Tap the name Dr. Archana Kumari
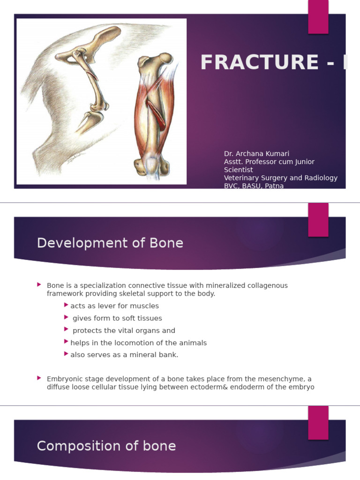[256, 154]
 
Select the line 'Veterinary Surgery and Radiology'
[280, 178]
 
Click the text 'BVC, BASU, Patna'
[254, 186]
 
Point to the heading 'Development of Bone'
[110, 243]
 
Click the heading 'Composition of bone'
[106, 446]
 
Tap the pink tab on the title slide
[318, 16]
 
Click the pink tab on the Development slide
[318, 220]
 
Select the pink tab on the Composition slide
[318, 423]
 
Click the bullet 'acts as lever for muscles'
[114, 306]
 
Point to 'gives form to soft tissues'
[117, 318]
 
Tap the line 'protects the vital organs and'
[124, 330]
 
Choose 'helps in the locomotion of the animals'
[138, 343]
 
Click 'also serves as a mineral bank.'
[124, 355]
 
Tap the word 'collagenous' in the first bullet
[268, 285]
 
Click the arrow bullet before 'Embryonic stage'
[39, 377]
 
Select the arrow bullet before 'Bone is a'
[39, 284]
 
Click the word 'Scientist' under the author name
[238, 170]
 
